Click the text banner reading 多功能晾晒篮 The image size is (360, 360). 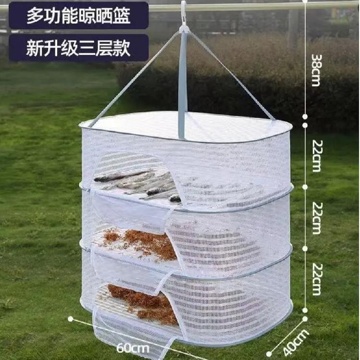78,16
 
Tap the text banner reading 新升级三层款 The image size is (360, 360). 78,48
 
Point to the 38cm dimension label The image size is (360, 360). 315,70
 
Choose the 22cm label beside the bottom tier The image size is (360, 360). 315,279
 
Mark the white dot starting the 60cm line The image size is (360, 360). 71,318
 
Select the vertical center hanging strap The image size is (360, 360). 182,87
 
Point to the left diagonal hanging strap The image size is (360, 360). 130,77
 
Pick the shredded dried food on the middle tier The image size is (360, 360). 144,243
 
